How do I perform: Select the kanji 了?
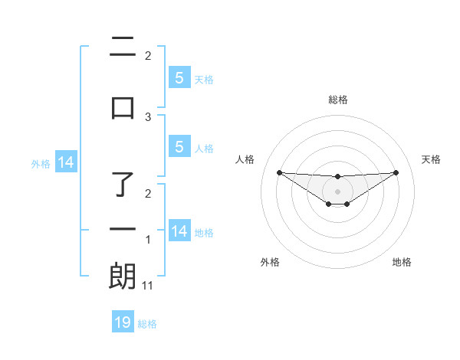click(123, 183)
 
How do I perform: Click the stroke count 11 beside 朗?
click(148, 285)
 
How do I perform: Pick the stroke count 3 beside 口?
click(148, 116)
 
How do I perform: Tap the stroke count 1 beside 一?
click(148, 240)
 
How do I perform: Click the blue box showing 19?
click(123, 322)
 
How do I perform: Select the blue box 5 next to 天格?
click(179, 78)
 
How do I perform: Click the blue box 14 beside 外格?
click(65, 162)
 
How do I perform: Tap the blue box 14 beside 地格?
click(179, 232)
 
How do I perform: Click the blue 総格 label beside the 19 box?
click(147, 324)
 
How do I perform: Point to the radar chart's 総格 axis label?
click(337, 100)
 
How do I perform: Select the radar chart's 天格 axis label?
click(432, 159)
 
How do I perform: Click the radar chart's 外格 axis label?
click(270, 262)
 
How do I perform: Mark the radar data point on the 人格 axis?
click(279, 172)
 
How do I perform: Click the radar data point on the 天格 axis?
click(396, 172)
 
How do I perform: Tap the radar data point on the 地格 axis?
click(347, 204)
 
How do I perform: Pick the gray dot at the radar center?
click(337, 191)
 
